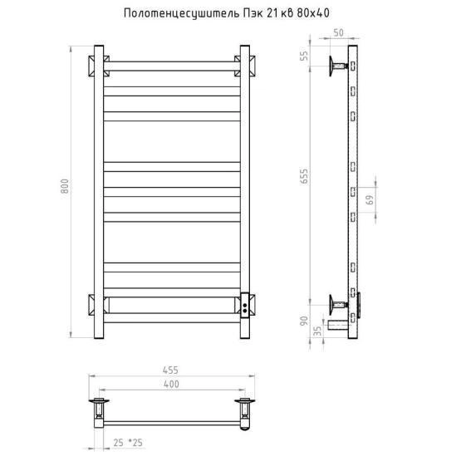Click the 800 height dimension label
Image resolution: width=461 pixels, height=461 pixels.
[x=65, y=186]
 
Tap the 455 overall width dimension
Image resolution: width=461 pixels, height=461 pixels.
[x=170, y=370]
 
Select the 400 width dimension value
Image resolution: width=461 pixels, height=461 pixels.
[x=171, y=385]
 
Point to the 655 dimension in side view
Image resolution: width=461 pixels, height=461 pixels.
[x=304, y=176]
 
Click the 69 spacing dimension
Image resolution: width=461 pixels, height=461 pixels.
[x=370, y=199]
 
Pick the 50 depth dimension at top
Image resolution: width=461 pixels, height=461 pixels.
[x=338, y=32]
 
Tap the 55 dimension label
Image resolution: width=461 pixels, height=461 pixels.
[x=304, y=56]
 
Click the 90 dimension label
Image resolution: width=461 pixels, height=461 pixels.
[x=304, y=321]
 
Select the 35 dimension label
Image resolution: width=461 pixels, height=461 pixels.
[x=317, y=331]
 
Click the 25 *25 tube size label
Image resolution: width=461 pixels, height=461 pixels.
[x=128, y=443]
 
